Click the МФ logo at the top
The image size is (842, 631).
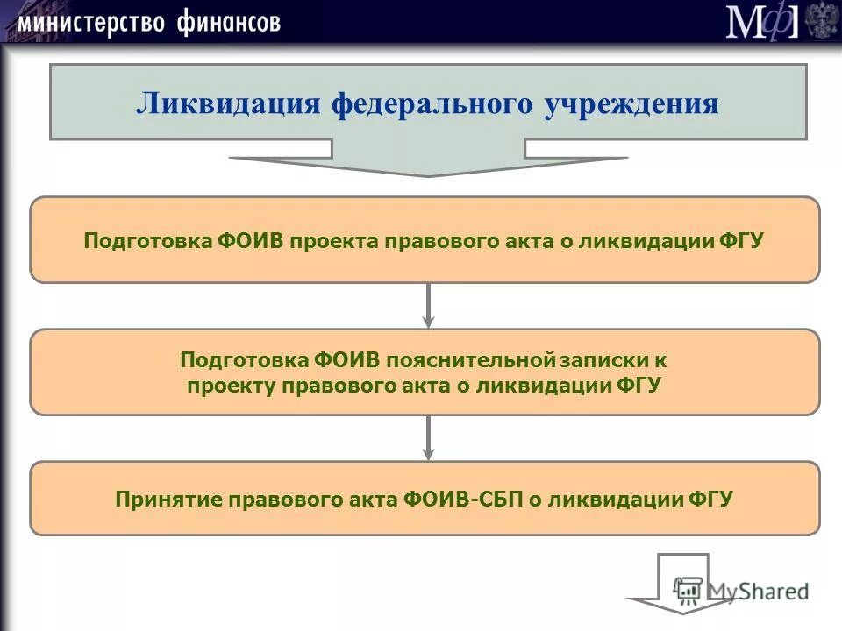762,21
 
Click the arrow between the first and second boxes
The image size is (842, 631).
428,305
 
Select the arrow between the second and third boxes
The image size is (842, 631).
428,438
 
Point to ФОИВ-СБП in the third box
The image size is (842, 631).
461,500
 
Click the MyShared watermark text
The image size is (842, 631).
758,591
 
